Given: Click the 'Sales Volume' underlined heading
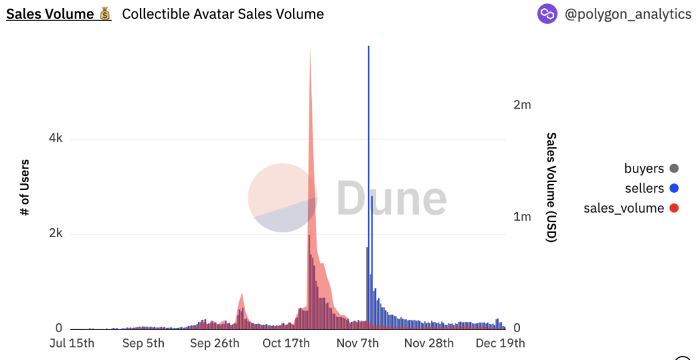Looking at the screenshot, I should point(50,14).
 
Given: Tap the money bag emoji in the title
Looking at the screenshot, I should point(105,14).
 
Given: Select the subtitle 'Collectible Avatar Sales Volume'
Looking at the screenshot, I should point(223,14).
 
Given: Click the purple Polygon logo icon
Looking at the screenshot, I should point(547,14).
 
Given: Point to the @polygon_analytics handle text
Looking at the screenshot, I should point(627,14).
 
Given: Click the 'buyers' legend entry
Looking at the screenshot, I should point(644,168).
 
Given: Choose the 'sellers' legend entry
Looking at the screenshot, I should point(644,188).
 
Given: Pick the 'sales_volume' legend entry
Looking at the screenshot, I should point(623,208).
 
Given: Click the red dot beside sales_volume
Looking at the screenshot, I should point(674,208).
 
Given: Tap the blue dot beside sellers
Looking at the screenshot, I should point(674,188).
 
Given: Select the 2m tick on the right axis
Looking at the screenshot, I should point(522,105).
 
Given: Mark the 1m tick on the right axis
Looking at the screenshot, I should point(522,217).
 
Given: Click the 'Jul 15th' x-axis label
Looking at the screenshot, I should point(72,343).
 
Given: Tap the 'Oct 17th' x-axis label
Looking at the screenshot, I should point(286,343).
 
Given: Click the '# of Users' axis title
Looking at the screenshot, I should point(25,187).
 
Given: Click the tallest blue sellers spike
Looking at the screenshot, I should point(368,136).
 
